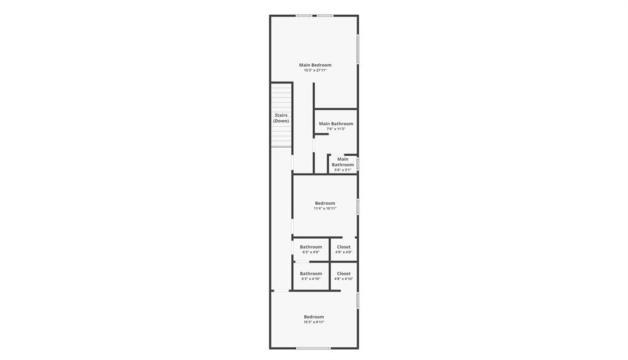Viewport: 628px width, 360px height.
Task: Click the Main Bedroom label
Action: click(x=315, y=65)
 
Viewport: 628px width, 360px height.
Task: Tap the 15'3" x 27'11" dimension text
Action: click(x=315, y=71)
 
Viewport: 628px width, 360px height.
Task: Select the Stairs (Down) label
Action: click(x=281, y=118)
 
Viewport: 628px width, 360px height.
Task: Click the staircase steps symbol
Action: click(x=281, y=98)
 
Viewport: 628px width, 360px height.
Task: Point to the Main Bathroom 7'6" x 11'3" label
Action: click(x=336, y=124)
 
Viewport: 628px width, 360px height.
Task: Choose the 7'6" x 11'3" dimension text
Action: click(x=336, y=129)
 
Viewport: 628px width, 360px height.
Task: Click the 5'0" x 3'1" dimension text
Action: click(x=343, y=170)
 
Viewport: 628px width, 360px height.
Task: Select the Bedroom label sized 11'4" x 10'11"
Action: click(x=325, y=204)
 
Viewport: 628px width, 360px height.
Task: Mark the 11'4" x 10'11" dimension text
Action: click(x=325, y=209)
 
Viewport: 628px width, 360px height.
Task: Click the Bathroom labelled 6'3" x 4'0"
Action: click(x=311, y=247)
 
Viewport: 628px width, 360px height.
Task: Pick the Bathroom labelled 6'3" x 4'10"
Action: click(x=311, y=274)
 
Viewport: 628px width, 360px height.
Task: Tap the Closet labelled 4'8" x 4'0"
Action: click(x=344, y=247)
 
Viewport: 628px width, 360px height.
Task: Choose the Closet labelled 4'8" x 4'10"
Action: click(x=344, y=274)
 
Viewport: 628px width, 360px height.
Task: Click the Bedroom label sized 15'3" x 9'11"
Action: click(x=314, y=317)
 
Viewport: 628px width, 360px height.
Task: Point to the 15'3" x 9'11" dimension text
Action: click(x=314, y=322)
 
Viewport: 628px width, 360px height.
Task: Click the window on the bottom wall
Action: click(x=313, y=348)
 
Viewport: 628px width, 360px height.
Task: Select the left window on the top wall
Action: click(x=304, y=15)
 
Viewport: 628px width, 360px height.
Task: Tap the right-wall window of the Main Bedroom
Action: click(x=358, y=50)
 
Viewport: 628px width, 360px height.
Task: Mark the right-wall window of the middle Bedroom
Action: click(x=358, y=206)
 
